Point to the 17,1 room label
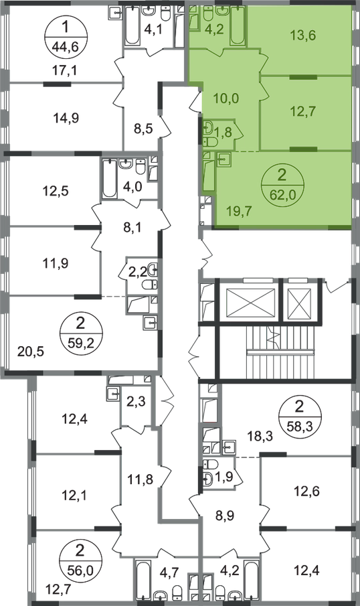pyautogui.click(x=64, y=70)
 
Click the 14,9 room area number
pyautogui.click(x=66, y=119)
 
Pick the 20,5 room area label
pyautogui.click(x=31, y=352)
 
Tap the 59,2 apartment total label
pyautogui.click(x=80, y=342)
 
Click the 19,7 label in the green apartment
pyautogui.click(x=239, y=211)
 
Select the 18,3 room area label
pyautogui.click(x=260, y=437)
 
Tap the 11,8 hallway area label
pyautogui.click(x=141, y=480)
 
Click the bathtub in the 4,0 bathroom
pyautogui.click(x=109, y=179)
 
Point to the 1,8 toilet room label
pyautogui.click(x=223, y=133)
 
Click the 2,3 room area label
pyautogui.click(x=136, y=402)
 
